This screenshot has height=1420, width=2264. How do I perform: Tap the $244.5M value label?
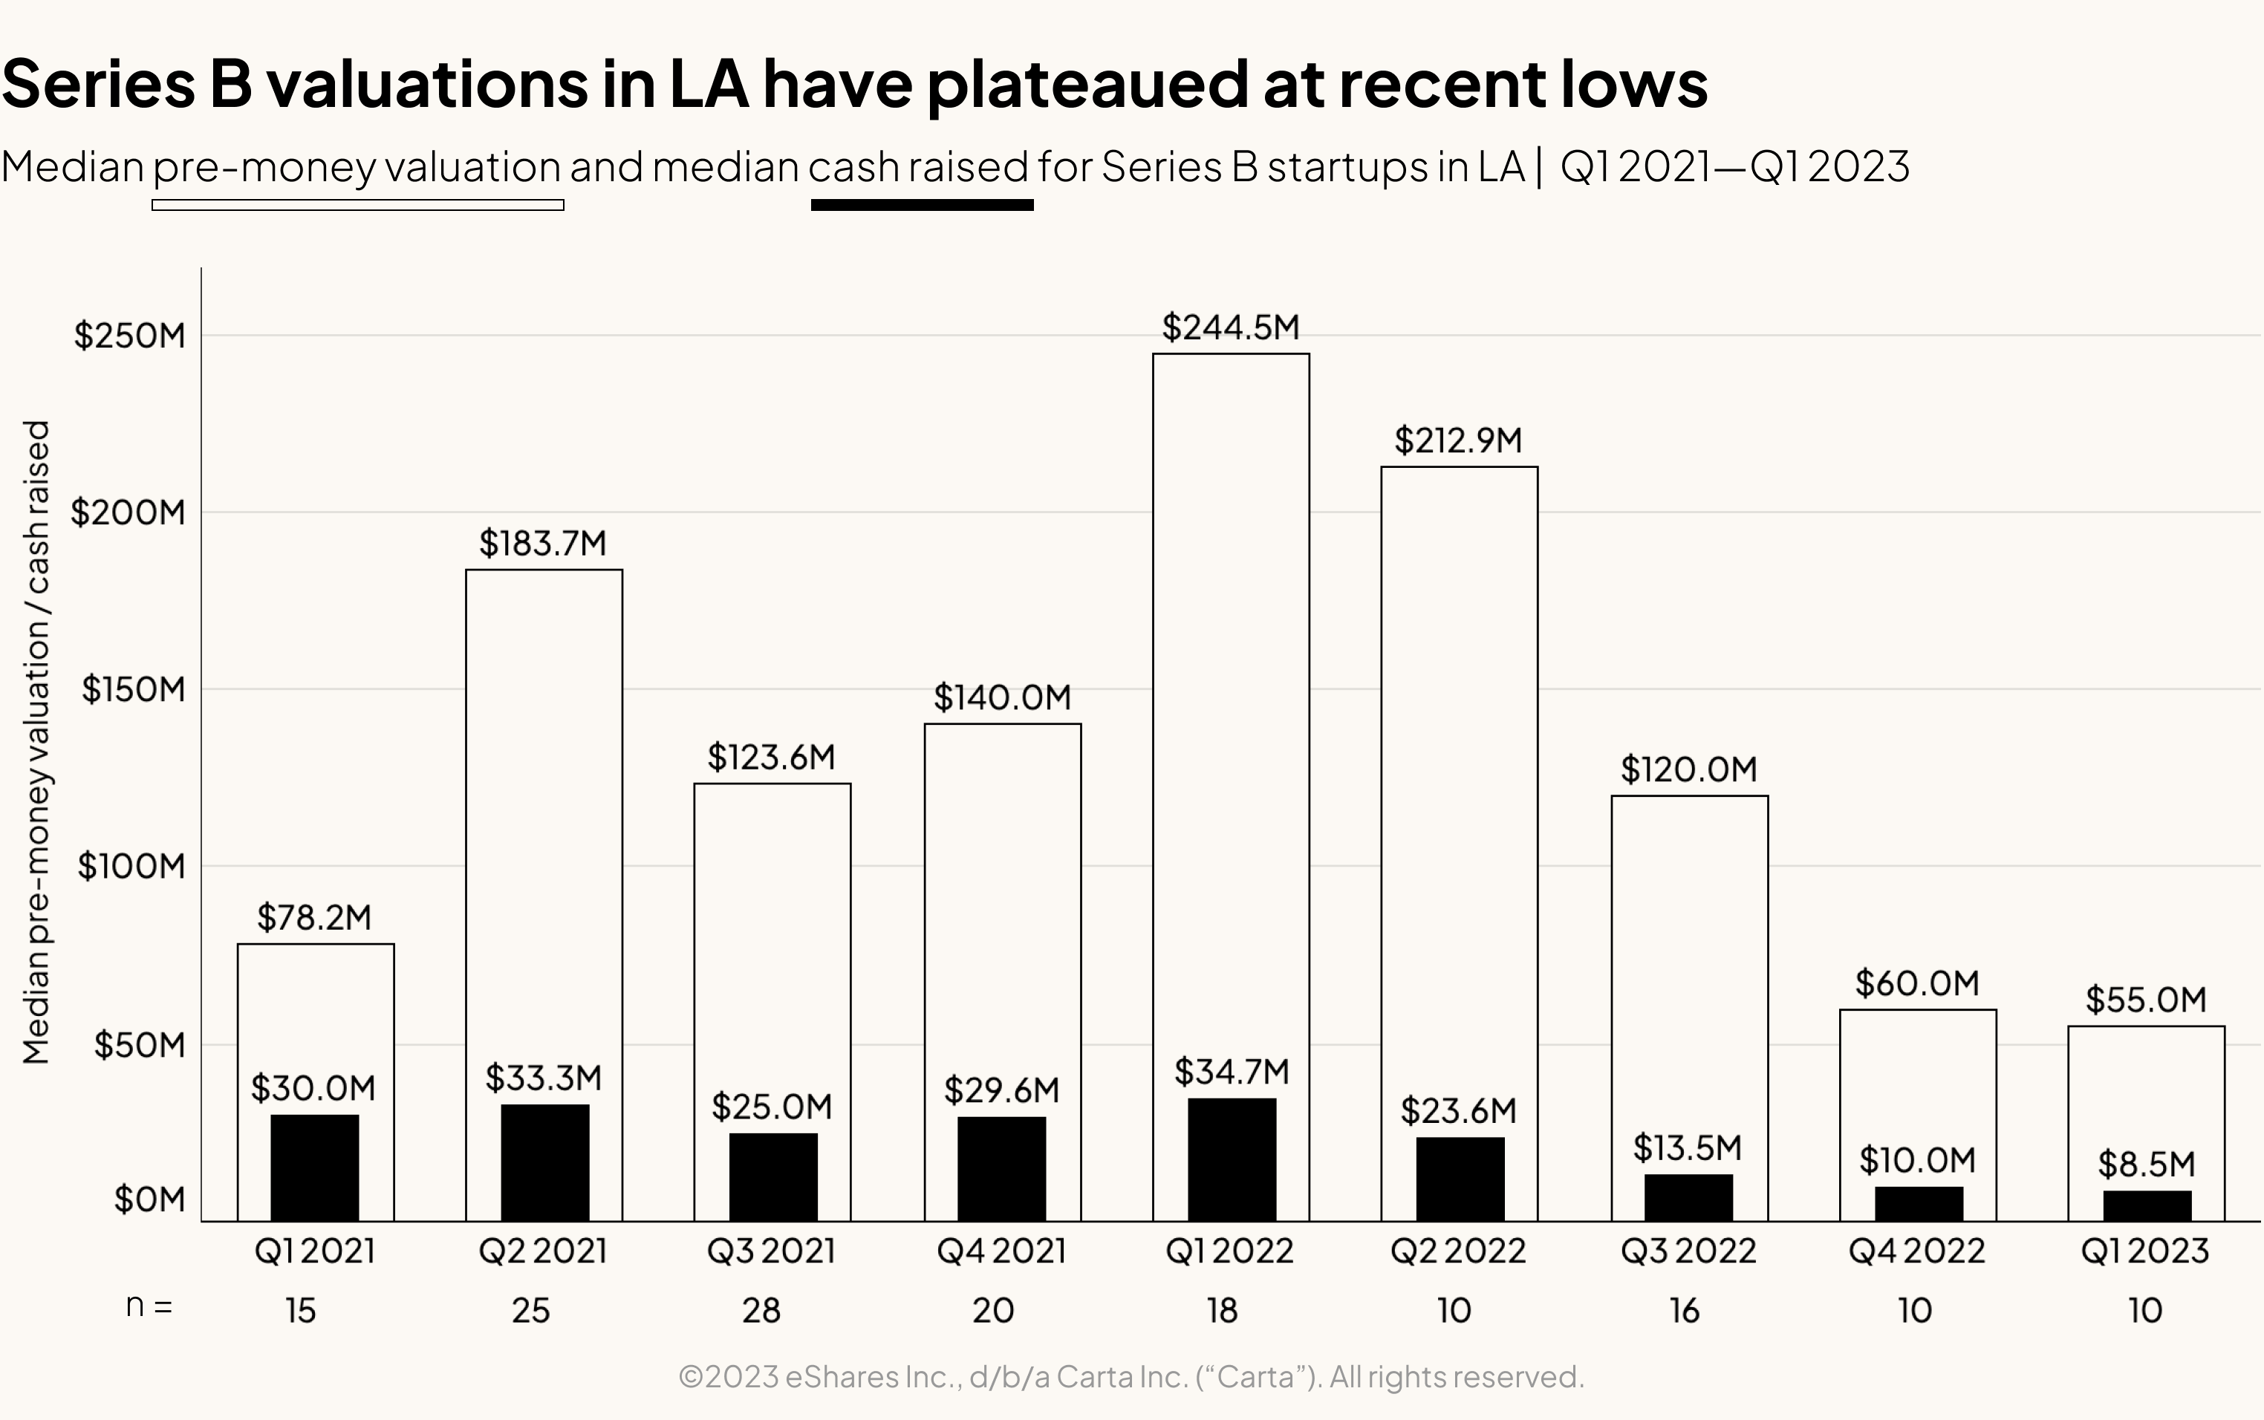pyautogui.click(x=1230, y=327)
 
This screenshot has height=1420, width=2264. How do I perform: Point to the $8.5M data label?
pyautogui.click(x=2146, y=1165)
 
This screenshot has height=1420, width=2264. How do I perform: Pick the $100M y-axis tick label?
pyautogui.click(x=131, y=866)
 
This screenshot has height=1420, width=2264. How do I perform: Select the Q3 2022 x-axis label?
pyautogui.click(x=1688, y=1251)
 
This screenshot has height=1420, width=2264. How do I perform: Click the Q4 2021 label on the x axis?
pyautogui.click(x=1001, y=1251)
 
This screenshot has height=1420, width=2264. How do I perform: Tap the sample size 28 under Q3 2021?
pyautogui.click(x=761, y=1310)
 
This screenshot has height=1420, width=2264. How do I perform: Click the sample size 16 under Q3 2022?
pyautogui.click(x=1684, y=1310)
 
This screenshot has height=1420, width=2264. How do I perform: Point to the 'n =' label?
pyautogui.click(x=149, y=1306)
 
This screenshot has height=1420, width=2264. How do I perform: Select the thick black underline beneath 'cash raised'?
pyautogui.click(x=921, y=205)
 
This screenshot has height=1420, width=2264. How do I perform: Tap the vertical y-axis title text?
pyautogui.click(x=36, y=742)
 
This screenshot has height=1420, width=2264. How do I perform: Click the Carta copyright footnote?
pyautogui.click(x=1131, y=1377)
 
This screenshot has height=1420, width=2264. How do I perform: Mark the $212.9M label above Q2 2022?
pyautogui.click(x=1457, y=440)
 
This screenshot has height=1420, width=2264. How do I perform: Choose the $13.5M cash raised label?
pyautogui.click(x=1687, y=1147)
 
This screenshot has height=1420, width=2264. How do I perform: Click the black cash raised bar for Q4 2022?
pyautogui.click(x=1919, y=1203)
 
